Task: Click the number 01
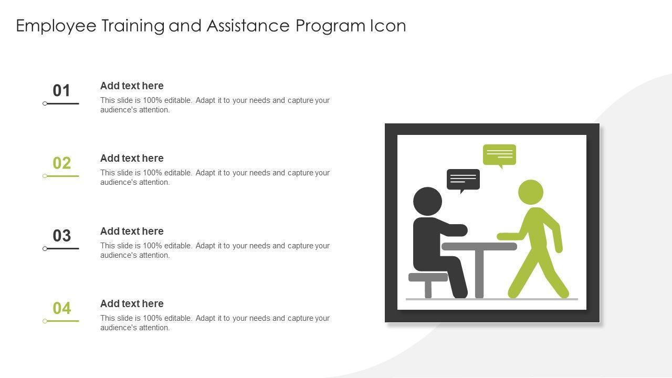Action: tap(61, 90)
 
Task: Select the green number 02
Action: tap(62, 163)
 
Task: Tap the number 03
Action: tap(62, 236)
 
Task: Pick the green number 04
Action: tap(62, 308)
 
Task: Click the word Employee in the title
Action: tap(56, 26)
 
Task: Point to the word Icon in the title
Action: tap(388, 26)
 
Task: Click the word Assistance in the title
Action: tap(248, 26)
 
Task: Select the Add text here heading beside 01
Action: tap(132, 86)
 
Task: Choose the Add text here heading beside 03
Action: tap(132, 232)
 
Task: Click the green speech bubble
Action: tap(499, 155)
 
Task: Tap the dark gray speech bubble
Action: tap(463, 180)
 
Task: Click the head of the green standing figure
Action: tap(531, 192)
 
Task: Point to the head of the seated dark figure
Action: tap(427, 201)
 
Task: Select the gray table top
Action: tap(479, 247)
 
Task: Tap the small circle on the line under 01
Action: tap(45, 103)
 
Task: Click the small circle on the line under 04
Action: tap(45, 321)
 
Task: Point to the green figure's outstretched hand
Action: tap(502, 236)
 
